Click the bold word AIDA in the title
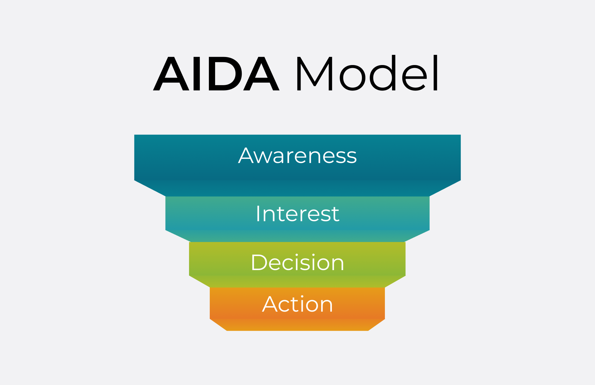coord(216,74)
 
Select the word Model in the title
coord(368,73)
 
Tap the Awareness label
coord(297,155)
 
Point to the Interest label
coord(297,213)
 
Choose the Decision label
coord(297,262)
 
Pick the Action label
coord(297,304)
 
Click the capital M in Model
coord(315,74)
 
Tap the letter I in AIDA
coord(197,74)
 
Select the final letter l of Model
coord(435,73)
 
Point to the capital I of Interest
coord(258,213)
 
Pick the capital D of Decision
coord(259,263)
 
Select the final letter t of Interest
coord(335,215)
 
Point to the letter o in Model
coord(352,78)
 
